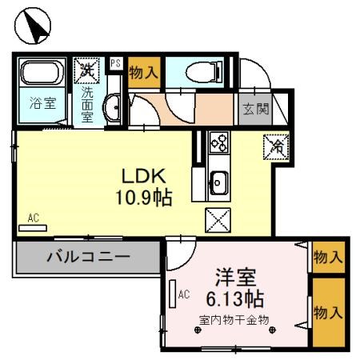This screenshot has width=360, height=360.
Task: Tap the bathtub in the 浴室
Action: (x=41, y=74)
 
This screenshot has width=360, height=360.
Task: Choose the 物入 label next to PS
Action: (x=144, y=73)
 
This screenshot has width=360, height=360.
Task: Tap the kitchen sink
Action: (x=218, y=184)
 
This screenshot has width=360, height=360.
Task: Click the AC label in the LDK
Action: (x=33, y=218)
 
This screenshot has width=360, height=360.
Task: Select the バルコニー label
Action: (x=88, y=258)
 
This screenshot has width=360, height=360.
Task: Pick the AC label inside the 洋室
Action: (x=184, y=294)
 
